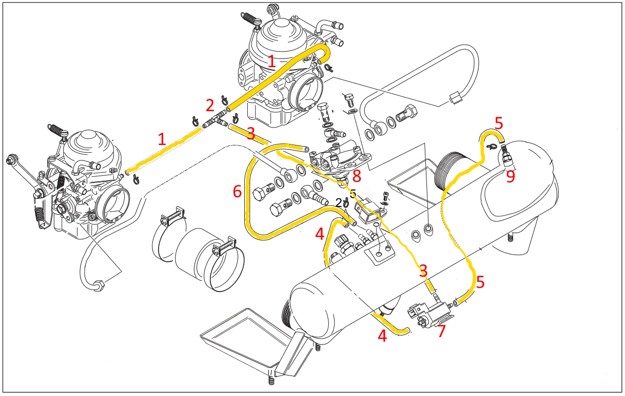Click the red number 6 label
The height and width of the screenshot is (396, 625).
pos(237,192)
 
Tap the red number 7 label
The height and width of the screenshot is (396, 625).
pos(441,331)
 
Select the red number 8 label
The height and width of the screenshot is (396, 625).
pos(357,177)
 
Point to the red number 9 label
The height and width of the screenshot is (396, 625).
pos(511,177)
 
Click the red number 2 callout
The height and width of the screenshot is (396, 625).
pos(210,106)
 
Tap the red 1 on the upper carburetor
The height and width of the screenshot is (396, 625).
pos(272,61)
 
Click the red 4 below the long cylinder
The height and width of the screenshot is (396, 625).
pos(382,337)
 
